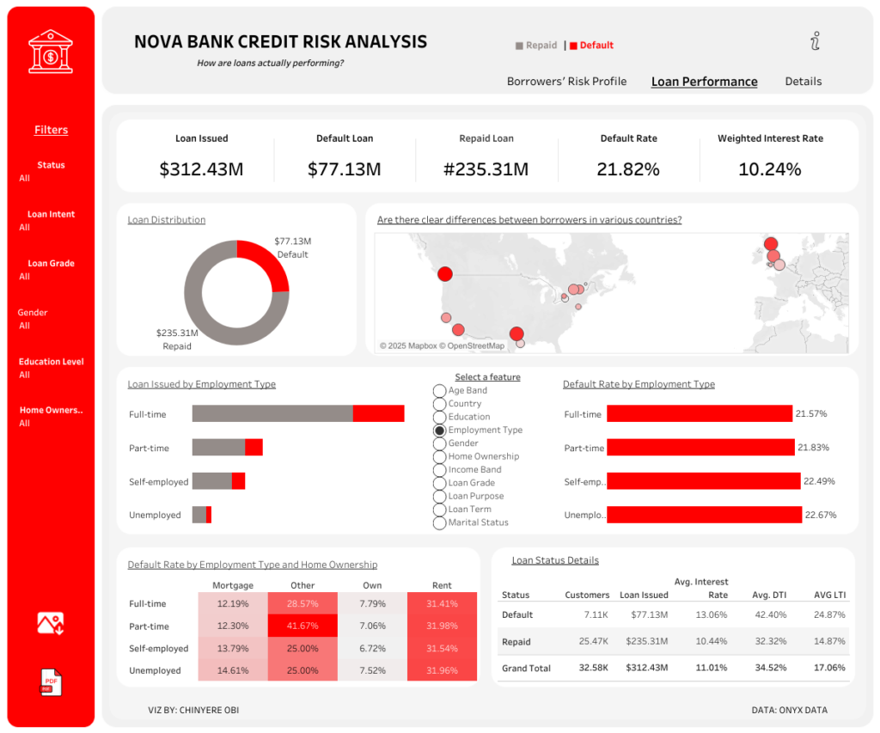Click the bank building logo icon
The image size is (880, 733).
coord(51,51)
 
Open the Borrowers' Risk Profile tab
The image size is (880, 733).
coord(566,82)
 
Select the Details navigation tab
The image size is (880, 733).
coord(803,82)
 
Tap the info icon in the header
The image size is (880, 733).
coord(816,40)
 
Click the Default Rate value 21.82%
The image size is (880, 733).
coord(628,169)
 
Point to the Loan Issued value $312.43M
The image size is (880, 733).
coord(201,169)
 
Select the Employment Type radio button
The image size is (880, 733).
coord(440,430)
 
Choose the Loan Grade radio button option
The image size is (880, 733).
coord(440,483)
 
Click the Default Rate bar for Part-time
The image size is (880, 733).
coord(700,448)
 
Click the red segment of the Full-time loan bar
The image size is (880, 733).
coord(378,414)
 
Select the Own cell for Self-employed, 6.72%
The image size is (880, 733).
coord(372,648)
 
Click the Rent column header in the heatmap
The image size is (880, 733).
coord(442,585)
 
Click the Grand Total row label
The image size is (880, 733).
coord(527,668)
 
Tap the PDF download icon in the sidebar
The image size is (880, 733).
coord(51,681)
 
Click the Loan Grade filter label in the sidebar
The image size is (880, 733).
coord(51,264)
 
